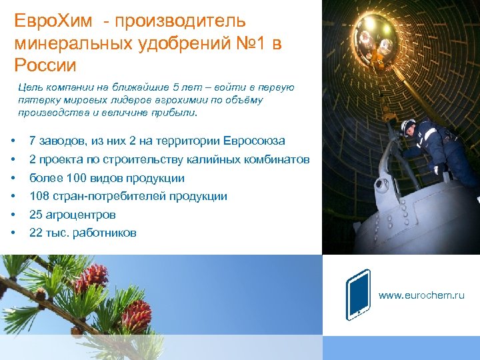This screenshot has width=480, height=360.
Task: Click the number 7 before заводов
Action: click(x=33, y=141)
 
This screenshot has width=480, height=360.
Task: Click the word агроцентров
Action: click(x=80, y=215)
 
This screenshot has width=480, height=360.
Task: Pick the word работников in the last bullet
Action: click(x=103, y=233)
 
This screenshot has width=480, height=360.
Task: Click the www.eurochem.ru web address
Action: click(x=421, y=295)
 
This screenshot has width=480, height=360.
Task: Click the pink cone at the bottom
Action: click(x=137, y=315)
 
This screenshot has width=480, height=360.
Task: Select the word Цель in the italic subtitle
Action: click(x=30, y=87)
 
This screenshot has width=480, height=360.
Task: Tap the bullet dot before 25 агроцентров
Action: click(x=13, y=215)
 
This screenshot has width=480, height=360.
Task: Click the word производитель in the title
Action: click(x=180, y=22)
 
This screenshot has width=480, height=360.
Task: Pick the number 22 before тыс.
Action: click(x=36, y=233)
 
